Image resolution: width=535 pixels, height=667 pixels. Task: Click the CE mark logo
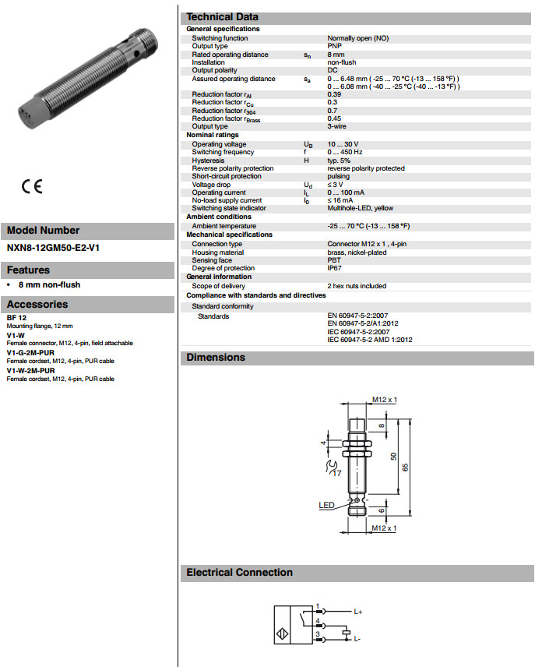(32, 187)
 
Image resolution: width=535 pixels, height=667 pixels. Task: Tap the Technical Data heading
(222, 17)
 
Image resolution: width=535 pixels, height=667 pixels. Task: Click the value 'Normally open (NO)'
(357, 38)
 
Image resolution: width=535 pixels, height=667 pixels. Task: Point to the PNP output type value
(335, 46)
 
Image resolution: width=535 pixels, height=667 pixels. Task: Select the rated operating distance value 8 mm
(336, 55)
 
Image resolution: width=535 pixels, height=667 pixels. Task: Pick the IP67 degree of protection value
(335, 268)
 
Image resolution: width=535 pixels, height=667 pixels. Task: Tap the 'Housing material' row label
(217, 252)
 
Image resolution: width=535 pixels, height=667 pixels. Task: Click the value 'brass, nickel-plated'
(356, 252)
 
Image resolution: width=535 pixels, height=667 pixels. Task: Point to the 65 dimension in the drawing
(403, 466)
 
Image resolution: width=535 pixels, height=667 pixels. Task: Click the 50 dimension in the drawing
(392, 455)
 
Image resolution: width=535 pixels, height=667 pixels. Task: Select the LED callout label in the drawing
(326, 505)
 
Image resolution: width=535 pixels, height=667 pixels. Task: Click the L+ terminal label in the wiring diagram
(358, 612)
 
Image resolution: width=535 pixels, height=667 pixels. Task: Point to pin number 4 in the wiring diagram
(317, 621)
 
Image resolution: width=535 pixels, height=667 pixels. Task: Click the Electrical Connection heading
(239, 573)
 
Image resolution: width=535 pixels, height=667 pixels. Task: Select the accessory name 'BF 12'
(16, 319)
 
